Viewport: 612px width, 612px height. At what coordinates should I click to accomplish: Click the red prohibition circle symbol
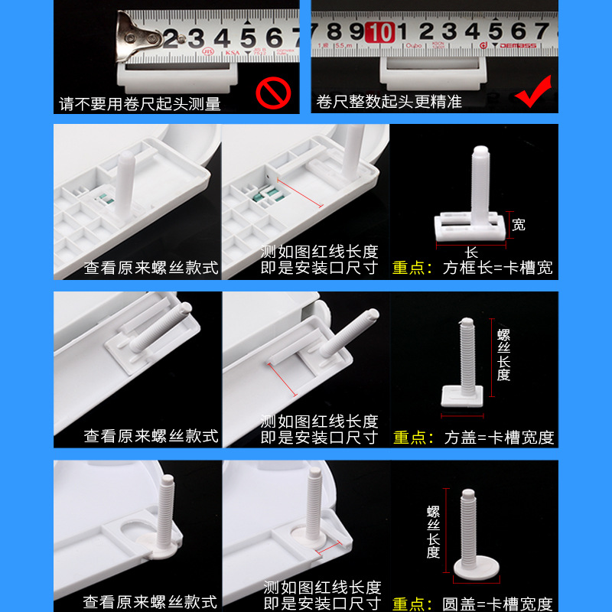272,93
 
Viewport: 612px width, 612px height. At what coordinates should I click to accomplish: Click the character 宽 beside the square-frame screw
519,225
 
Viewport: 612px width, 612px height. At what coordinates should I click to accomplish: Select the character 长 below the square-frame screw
470,253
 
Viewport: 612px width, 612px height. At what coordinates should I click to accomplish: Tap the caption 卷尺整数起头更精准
390,102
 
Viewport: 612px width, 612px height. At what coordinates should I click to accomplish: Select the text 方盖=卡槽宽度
499,438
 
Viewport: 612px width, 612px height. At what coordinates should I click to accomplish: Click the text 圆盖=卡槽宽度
499,604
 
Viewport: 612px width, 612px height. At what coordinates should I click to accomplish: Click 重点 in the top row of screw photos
412,269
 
